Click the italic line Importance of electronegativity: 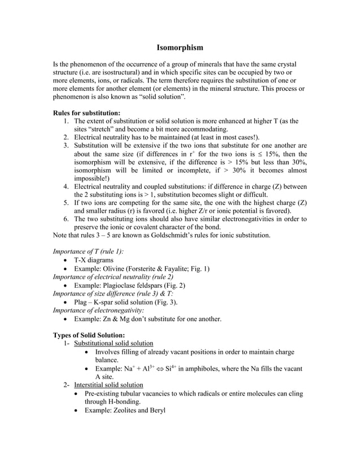point(98,310)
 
